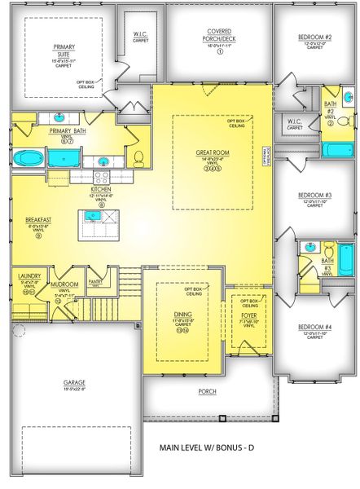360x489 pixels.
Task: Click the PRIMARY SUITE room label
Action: coord(64,48)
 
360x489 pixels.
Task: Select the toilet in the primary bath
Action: coord(138,156)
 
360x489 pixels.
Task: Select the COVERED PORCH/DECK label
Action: coord(219,34)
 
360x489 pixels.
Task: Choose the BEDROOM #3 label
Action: coord(314,195)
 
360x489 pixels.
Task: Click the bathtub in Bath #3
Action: coord(345,260)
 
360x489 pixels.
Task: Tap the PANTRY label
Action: coord(94,281)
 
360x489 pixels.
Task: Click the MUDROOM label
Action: coord(64,286)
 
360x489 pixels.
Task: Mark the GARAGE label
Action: coord(74,381)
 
